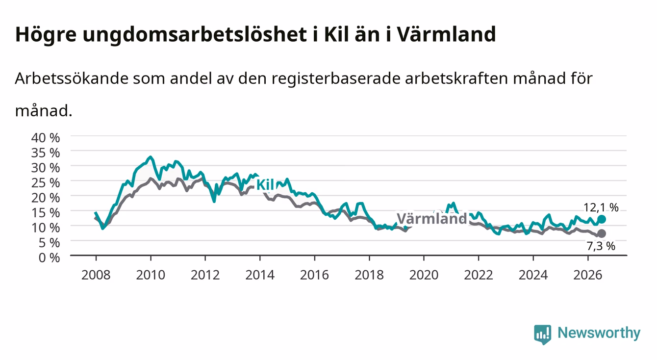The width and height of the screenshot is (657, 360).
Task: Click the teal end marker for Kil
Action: [602, 219]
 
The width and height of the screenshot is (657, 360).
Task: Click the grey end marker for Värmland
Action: [602, 233]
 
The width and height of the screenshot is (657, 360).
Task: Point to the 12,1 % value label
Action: [601, 208]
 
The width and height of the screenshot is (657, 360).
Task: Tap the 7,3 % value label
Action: [601, 246]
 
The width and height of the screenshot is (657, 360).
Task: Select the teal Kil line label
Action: [265, 185]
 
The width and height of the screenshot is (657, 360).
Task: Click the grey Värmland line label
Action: [431, 219]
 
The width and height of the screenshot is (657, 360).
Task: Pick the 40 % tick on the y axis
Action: [46, 138]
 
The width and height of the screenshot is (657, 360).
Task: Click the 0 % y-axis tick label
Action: [49, 257]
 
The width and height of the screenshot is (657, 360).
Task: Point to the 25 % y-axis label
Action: [46, 183]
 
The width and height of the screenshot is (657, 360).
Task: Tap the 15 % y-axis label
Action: [46, 213]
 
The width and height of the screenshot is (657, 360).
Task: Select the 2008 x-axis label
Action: [96, 275]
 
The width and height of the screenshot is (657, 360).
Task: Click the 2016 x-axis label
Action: [314, 275]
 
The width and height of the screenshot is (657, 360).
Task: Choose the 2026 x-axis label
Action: [588, 275]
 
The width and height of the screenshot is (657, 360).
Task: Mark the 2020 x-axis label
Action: [424, 275]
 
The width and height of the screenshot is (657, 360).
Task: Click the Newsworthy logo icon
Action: [543, 334]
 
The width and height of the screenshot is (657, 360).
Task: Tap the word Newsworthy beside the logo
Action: [599, 333]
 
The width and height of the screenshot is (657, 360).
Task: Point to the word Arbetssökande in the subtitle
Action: [72, 78]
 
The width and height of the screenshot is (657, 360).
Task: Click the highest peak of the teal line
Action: [151, 157]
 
